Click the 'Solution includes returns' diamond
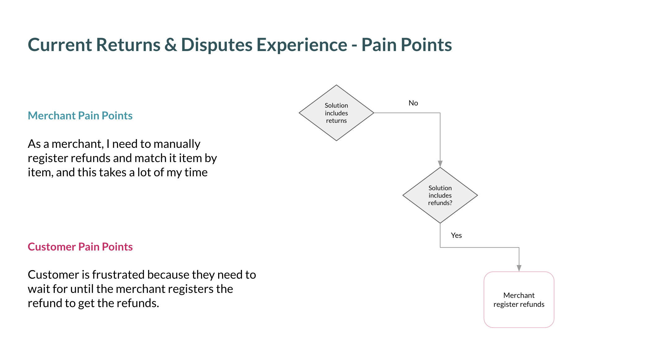pyautogui.click(x=336, y=113)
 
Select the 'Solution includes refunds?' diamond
pyautogui.click(x=440, y=195)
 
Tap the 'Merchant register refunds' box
pyautogui.click(x=519, y=300)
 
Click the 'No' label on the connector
pyautogui.click(x=413, y=103)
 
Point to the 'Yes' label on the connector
pyautogui.click(x=456, y=235)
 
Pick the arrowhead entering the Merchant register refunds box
pyautogui.click(x=519, y=268)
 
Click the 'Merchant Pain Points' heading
pyautogui.click(x=80, y=116)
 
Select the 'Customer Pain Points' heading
pyautogui.click(x=80, y=247)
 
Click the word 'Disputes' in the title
pyautogui.click(x=217, y=45)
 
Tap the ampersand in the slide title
pyautogui.click(x=170, y=45)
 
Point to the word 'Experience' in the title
pyautogui.click(x=302, y=45)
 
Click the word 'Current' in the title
pyautogui.click(x=60, y=45)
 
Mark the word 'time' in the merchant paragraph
pyautogui.click(x=196, y=172)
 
